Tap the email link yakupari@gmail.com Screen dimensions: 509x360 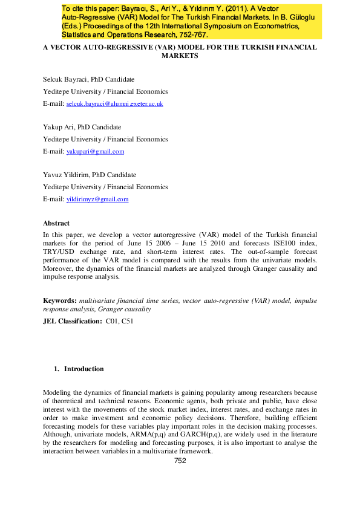pyautogui.click(x=95, y=152)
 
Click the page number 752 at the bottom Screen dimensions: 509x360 pyautogui.click(x=180, y=461)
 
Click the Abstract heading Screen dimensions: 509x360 pyautogui.click(x=56, y=223)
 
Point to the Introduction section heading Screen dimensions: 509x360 pyautogui.click(x=83, y=369)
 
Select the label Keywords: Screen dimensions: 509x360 pyautogui.click(x=60, y=300)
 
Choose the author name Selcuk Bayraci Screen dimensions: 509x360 pyautogui.click(x=65, y=79)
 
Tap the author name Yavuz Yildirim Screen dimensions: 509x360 pyautogui.click(x=64, y=175)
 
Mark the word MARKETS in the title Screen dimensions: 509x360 pyautogui.click(x=180, y=55)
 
